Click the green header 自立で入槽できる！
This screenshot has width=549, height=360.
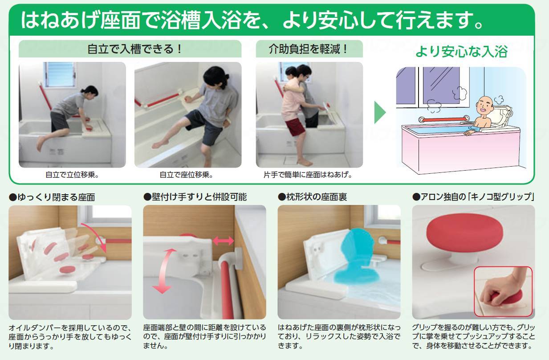(x=130, y=49)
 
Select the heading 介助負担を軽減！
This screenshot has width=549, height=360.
(x=309, y=49)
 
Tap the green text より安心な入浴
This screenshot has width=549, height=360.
(x=461, y=51)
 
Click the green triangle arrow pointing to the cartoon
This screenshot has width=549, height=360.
(x=380, y=112)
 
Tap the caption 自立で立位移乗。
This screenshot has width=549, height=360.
(x=72, y=175)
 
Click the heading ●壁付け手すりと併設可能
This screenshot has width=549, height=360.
(x=195, y=196)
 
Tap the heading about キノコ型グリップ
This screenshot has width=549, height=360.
(x=473, y=196)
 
